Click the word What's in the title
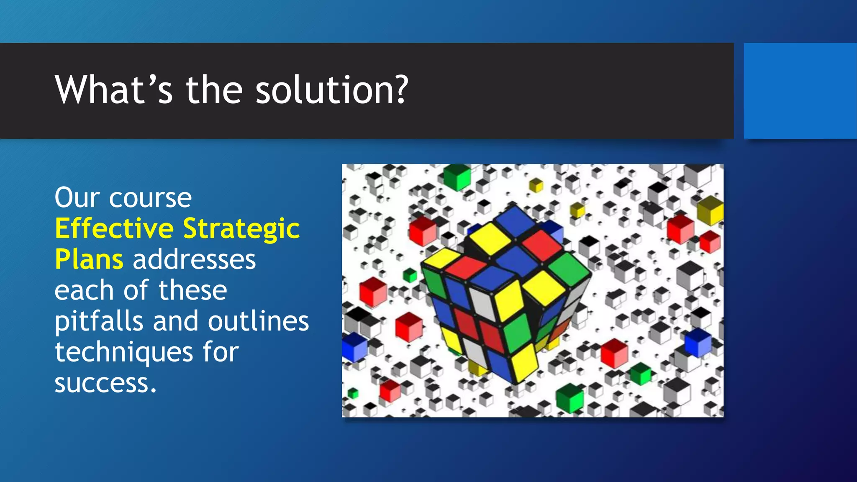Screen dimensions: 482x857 pyautogui.click(x=113, y=90)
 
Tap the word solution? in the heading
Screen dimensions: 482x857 pyautogui.click(x=331, y=90)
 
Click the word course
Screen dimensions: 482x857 pyautogui.click(x=150, y=198)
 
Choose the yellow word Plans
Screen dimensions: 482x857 pyautogui.click(x=89, y=259)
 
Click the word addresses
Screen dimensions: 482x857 pyautogui.click(x=194, y=259)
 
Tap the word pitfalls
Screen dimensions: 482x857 pyautogui.click(x=99, y=321)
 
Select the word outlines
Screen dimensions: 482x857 pyautogui.click(x=258, y=321)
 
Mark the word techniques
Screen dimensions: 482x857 pyautogui.click(x=124, y=352)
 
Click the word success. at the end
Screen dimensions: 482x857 pyautogui.click(x=105, y=383)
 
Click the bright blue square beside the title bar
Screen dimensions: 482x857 pyautogui.click(x=800, y=91)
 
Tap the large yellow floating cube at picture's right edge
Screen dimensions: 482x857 pyautogui.click(x=710, y=210)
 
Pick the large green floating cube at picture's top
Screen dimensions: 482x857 pyautogui.click(x=457, y=177)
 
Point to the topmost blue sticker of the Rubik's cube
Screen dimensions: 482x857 pyautogui.click(x=517, y=220)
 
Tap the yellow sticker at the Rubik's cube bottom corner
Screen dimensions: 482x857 pyautogui.click(x=524, y=362)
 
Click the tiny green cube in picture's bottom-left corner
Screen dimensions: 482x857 pyautogui.click(x=353, y=393)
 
